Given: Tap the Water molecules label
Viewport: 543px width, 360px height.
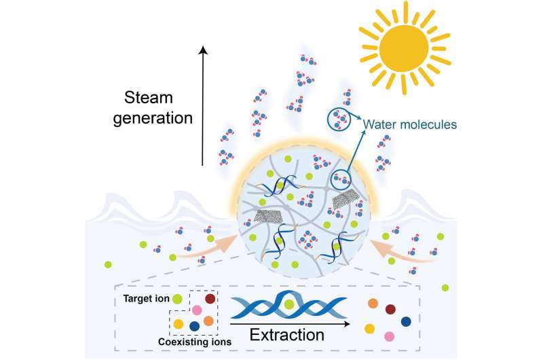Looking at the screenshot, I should coord(409,124).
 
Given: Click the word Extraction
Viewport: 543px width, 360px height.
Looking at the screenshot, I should coord(286,334).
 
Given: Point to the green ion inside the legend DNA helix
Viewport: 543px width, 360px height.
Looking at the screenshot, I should coord(289,305).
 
